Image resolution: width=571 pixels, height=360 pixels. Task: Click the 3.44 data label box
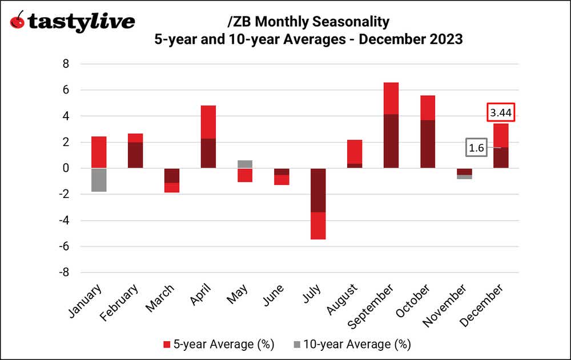pos(501,113)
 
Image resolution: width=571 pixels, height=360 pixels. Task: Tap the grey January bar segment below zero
pos(99,180)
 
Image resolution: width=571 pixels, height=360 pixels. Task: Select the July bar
pos(317,204)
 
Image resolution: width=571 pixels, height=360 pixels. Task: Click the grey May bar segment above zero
pos(244,164)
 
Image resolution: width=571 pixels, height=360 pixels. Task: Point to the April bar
pos(208,137)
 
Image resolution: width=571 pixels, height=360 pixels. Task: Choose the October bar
pos(427,132)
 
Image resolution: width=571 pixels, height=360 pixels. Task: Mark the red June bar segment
pos(281,180)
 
